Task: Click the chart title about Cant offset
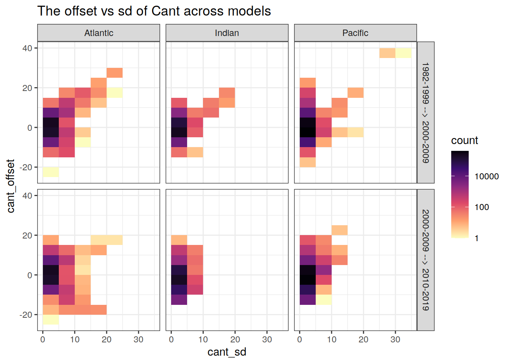154,11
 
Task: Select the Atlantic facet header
99,33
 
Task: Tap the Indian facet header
227,33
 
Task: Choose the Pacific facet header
355,33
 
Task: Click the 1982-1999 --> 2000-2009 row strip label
426,113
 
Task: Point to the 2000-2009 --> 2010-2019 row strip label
426,260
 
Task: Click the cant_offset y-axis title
11,186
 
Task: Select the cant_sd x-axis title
227,352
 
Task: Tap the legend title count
464,141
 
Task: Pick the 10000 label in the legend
486,176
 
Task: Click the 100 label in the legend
482,207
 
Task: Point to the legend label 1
477,238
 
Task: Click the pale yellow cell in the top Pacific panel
403,53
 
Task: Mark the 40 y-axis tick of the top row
27,48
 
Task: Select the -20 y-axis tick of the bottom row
26,315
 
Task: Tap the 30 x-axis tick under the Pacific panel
395,339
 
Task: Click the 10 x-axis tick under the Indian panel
203,339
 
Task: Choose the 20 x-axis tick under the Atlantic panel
107,339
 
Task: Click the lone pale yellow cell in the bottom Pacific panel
324,300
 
